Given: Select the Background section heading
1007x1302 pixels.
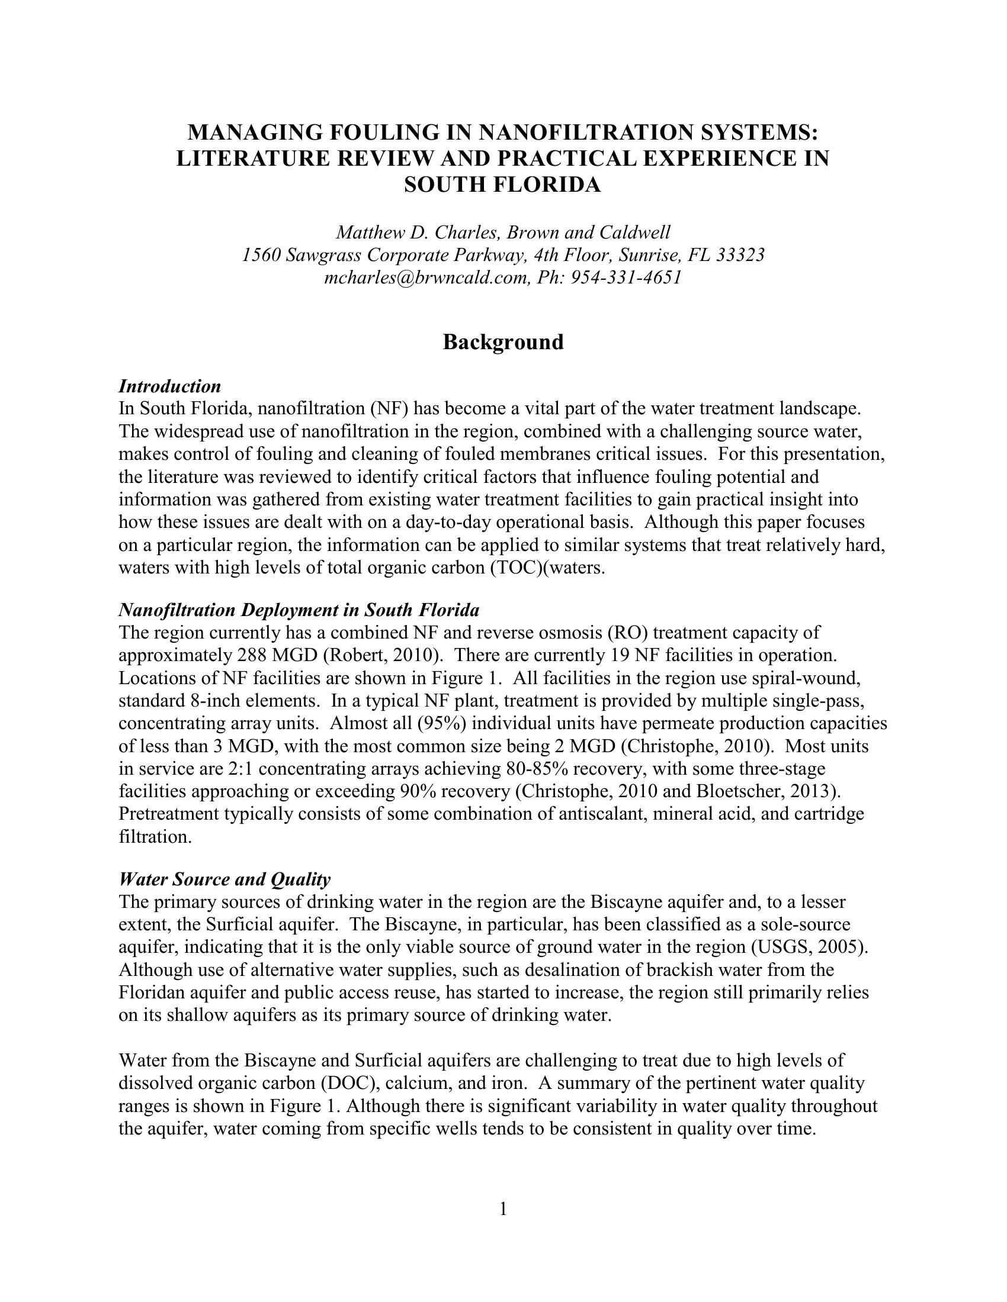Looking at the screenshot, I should (x=503, y=342).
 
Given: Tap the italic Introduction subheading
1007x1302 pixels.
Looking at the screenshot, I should (x=170, y=386).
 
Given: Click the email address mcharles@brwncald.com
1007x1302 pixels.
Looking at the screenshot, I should (x=426, y=278).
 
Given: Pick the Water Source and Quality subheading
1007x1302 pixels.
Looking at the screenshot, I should (x=225, y=879).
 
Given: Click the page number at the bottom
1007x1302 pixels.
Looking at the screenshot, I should (x=503, y=1209).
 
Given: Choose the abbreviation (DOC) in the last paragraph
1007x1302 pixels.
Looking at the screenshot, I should (x=356, y=1082).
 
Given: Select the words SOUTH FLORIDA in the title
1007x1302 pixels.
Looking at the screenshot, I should (x=502, y=185).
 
